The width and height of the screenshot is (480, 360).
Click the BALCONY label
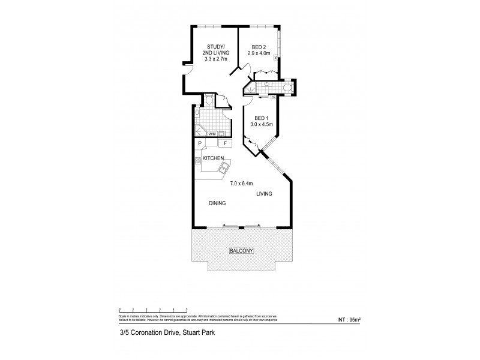(x=240, y=251)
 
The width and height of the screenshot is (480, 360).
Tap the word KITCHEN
(x=213, y=158)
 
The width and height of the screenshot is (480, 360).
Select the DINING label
(x=217, y=203)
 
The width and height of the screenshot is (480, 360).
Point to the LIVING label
(x=264, y=194)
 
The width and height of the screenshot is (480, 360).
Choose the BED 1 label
(x=262, y=118)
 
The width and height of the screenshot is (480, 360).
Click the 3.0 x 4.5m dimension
(x=263, y=125)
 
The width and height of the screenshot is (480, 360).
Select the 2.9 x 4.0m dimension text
(x=259, y=53)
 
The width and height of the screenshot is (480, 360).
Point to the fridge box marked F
(x=225, y=143)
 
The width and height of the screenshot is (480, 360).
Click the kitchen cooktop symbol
(x=196, y=160)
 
